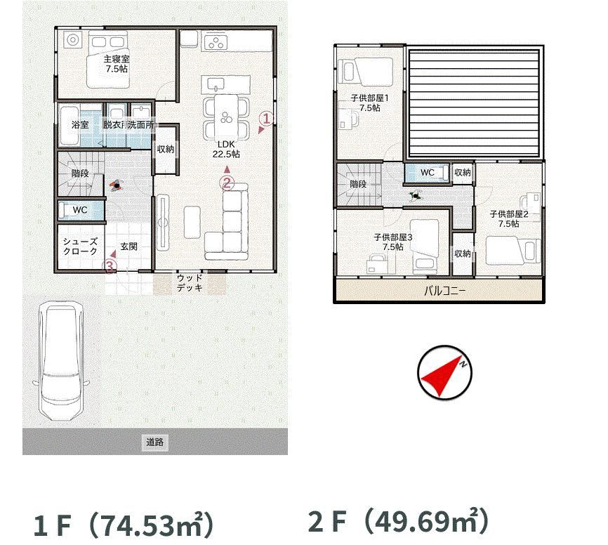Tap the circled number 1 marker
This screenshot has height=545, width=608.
(266, 118)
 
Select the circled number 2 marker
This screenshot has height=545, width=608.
(227, 183)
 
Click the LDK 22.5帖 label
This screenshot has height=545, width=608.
(226, 150)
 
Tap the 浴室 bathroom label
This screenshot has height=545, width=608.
(80, 125)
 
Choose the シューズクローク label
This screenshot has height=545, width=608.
(80, 247)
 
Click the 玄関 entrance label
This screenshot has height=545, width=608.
(128, 247)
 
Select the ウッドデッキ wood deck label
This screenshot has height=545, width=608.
(190, 283)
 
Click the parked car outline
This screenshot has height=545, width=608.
(61, 360)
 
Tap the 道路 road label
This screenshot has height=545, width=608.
(154, 442)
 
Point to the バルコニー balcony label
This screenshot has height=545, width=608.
(444, 291)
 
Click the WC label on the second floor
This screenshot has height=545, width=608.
(428, 173)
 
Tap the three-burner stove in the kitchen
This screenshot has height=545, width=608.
(216, 43)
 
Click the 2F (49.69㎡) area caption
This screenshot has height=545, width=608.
(398, 521)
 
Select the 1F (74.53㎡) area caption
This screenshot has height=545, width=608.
(124, 525)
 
